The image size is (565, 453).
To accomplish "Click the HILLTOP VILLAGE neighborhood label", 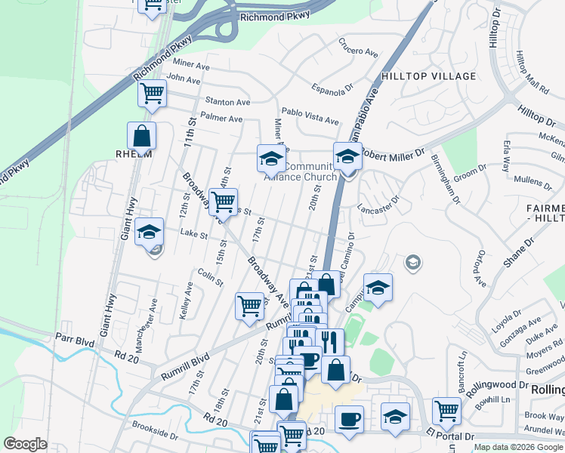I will tap(429, 76).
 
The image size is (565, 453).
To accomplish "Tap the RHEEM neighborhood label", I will tap(134, 154).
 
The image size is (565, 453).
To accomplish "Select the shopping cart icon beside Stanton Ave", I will tap(152, 94).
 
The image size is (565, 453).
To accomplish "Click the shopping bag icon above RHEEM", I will tap(141, 136).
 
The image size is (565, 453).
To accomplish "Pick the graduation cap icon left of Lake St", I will tap(150, 231).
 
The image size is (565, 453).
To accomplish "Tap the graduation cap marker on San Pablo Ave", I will tap(347, 157).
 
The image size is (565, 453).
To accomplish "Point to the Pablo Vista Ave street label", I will tap(310, 116).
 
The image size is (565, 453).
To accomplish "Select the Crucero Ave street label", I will tap(358, 47).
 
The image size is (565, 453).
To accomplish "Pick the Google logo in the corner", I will tap(25, 444).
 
